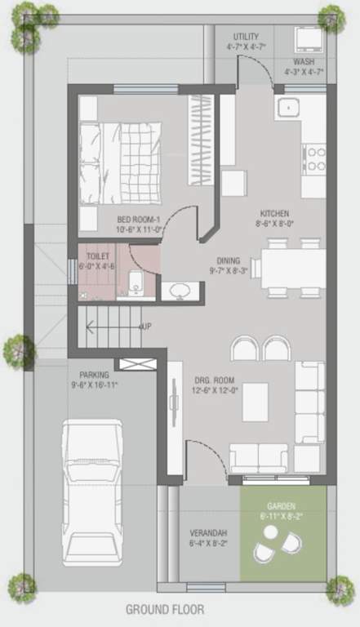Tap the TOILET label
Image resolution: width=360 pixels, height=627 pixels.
[99, 256]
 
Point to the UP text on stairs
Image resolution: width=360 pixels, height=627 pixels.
[146, 327]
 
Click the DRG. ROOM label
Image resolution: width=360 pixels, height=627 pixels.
[214, 380]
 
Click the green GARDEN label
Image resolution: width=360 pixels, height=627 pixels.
[282, 506]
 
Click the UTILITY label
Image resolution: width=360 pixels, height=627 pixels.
[246, 37]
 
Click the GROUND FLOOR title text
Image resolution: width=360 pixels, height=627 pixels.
[165, 609]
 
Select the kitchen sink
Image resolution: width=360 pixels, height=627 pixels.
[289, 107]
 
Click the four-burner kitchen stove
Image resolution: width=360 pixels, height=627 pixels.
[314, 158]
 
